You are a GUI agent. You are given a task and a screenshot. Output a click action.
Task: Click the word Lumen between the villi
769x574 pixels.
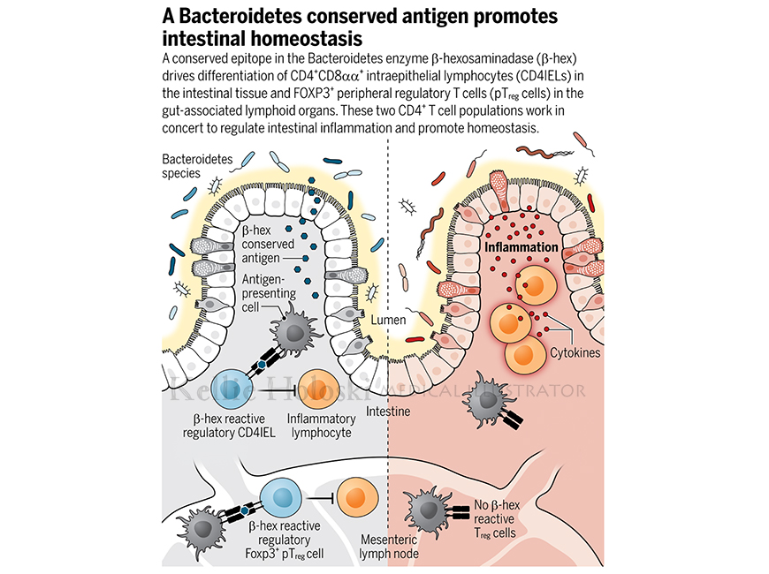coord(388,320)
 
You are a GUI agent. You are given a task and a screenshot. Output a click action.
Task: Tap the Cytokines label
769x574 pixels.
coord(575,352)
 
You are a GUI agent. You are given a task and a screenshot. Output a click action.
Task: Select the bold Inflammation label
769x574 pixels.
coord(522,247)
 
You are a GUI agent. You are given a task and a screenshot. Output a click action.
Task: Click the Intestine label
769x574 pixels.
coord(388,411)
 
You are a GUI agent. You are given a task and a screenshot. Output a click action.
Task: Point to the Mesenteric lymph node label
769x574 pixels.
coord(389,547)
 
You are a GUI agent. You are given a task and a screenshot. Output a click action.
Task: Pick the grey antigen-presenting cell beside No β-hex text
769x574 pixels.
coord(426,512)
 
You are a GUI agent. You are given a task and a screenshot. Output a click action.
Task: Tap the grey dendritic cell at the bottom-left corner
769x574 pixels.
coord(200,529)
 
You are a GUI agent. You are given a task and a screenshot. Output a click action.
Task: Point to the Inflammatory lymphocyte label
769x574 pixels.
coord(321,426)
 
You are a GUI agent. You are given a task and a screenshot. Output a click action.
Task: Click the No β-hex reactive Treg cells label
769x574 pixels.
coord(497,519)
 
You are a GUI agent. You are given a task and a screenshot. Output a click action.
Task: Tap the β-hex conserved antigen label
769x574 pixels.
coord(268,244)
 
